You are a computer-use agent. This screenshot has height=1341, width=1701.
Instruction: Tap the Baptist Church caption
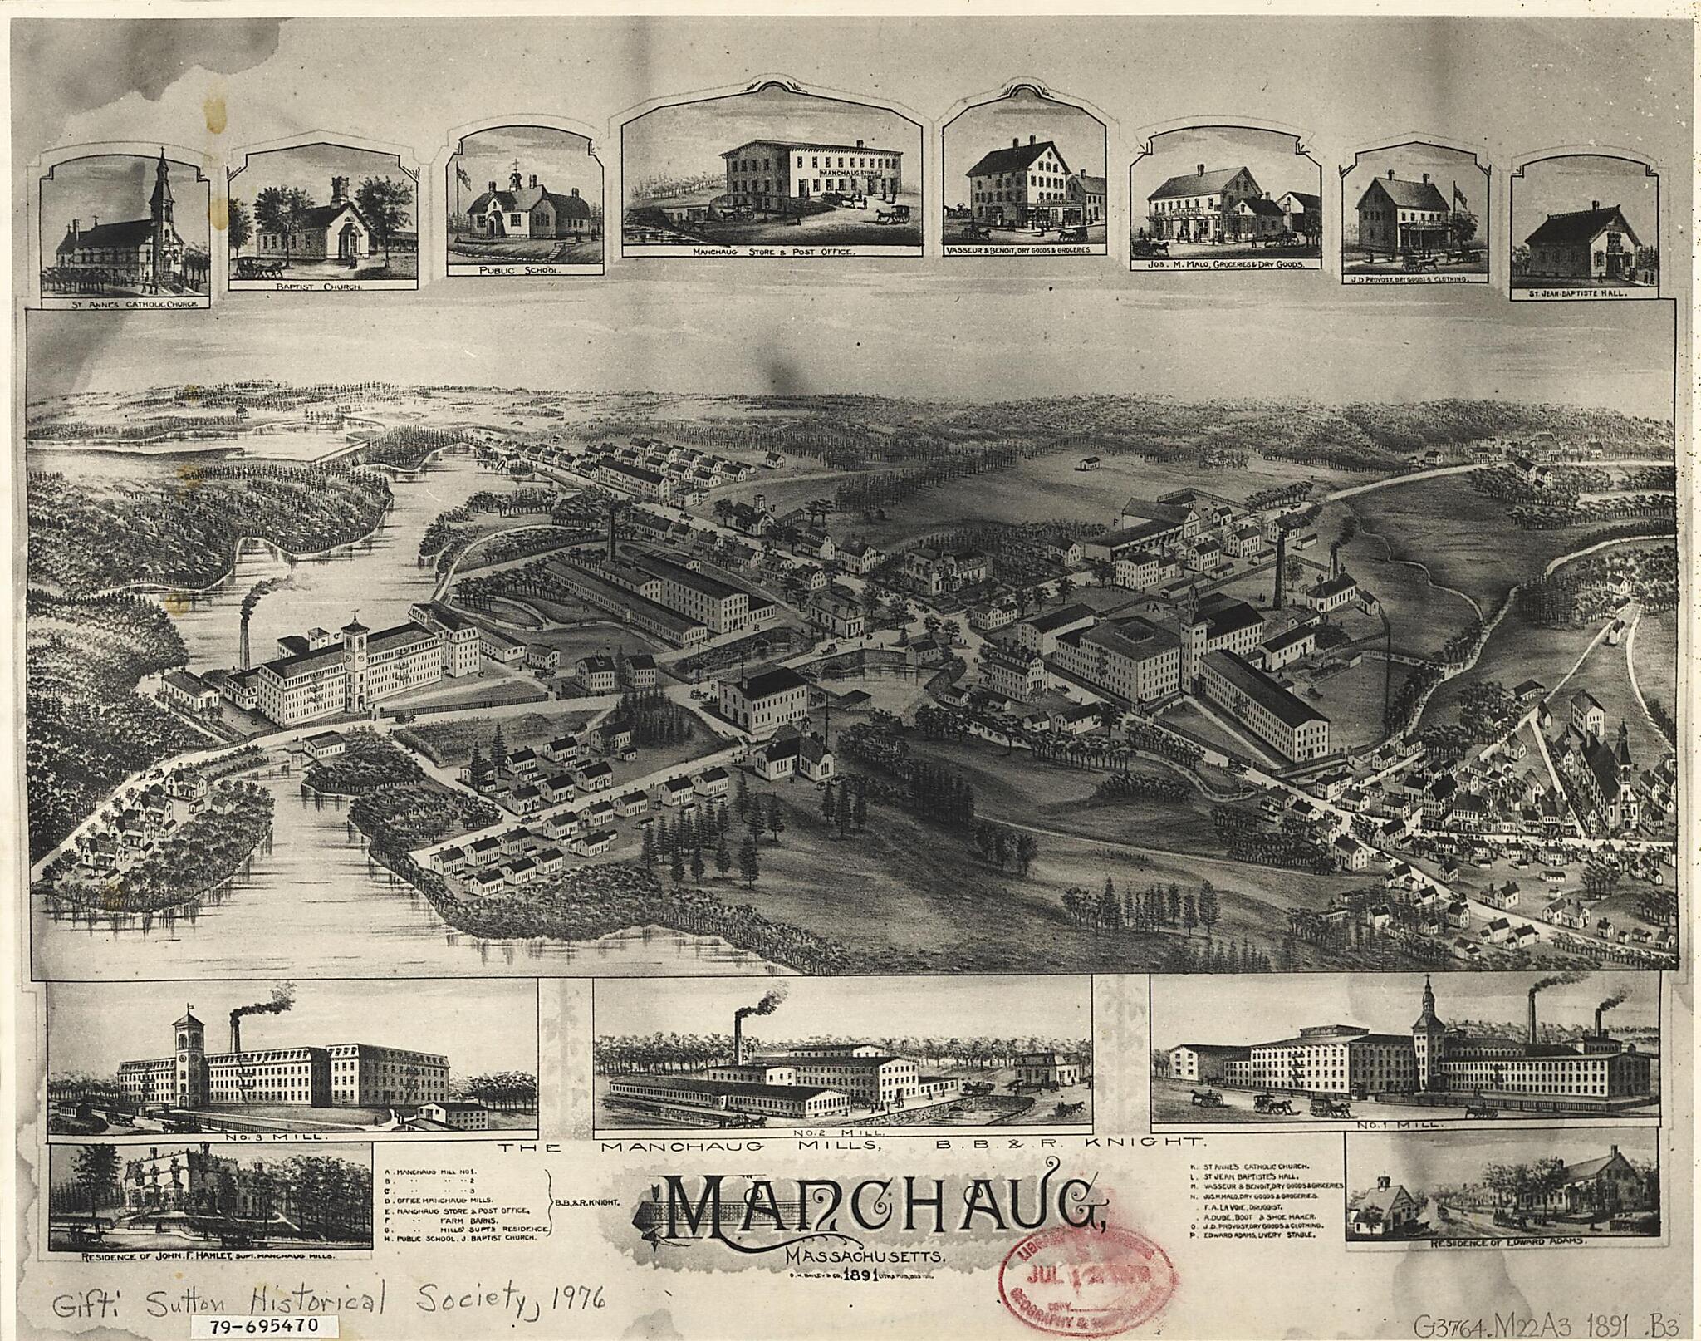(324, 287)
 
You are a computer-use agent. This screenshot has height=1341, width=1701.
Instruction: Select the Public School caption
(524, 270)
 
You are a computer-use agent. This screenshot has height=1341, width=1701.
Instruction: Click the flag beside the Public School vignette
(463, 175)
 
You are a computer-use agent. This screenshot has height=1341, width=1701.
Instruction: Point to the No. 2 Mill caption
(843, 1132)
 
